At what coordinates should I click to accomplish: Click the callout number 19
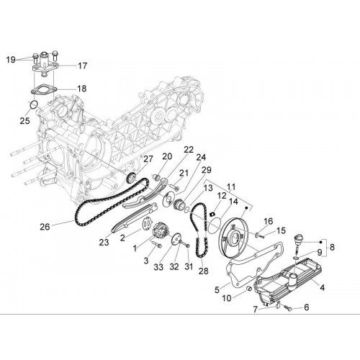tap(11, 60)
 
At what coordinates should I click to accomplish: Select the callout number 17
tap(82, 66)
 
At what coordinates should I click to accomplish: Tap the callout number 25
tap(24, 120)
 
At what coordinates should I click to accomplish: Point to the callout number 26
tap(45, 227)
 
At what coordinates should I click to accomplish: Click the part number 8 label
tap(332, 247)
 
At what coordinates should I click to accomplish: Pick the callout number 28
tap(203, 271)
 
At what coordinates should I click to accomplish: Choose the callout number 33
tap(158, 267)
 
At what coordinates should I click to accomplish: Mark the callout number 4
tap(323, 287)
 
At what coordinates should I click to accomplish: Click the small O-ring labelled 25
tap(34, 104)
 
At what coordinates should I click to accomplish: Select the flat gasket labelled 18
tap(44, 89)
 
